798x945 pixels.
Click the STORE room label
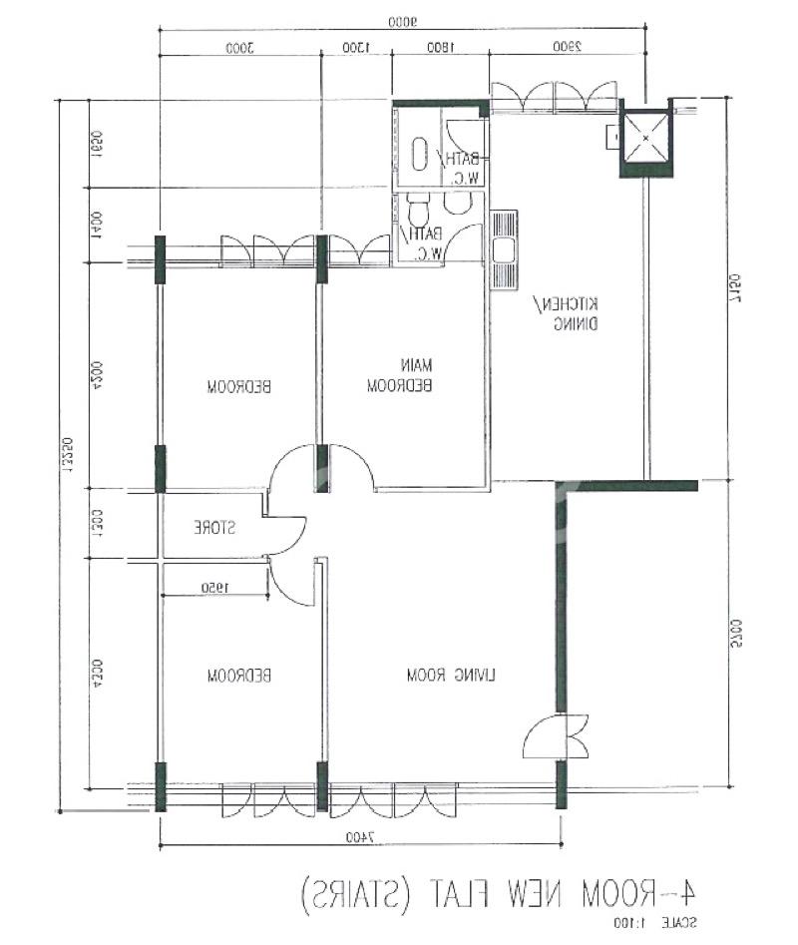point(212,525)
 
